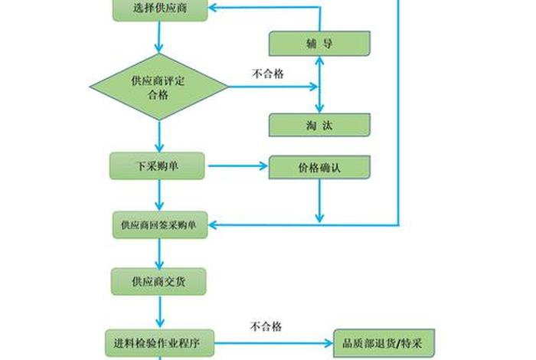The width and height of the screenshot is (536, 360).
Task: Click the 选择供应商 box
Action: coord(159,9)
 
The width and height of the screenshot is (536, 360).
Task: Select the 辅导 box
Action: coord(319,43)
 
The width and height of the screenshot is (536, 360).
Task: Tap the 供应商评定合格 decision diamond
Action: coord(159,87)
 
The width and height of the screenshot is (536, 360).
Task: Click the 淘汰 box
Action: coord(319,125)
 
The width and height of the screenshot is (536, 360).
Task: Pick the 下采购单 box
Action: coord(157,166)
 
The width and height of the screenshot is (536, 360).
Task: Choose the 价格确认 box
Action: coord(319,166)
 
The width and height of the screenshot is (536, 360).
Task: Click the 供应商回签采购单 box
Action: coord(159,225)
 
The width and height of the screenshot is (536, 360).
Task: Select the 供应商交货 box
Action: coord(159,281)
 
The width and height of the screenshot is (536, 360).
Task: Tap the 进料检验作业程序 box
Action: coord(159,339)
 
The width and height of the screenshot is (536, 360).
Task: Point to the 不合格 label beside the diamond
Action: coord(267,74)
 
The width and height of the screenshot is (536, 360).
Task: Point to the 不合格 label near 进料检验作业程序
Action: coord(266,327)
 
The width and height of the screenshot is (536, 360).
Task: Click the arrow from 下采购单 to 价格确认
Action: coord(237,165)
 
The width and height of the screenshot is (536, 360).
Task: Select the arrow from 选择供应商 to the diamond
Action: coord(159,37)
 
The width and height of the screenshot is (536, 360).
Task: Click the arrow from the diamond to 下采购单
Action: coord(159,136)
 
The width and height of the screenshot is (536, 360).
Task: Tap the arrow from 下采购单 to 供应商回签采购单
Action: coord(159,195)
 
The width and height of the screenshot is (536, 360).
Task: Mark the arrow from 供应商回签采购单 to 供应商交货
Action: coord(159,252)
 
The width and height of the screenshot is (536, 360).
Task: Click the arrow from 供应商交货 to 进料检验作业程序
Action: coord(159,312)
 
